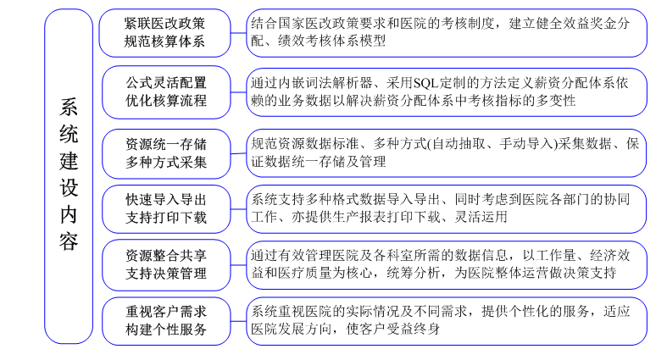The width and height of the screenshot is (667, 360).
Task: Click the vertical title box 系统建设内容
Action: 69,176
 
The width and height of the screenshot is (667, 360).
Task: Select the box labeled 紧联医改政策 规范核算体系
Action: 164,33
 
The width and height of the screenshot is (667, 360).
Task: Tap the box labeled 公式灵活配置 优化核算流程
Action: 166,91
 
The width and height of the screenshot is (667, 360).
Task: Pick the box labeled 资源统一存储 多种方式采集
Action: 166,153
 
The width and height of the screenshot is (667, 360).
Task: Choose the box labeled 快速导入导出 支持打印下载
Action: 166,208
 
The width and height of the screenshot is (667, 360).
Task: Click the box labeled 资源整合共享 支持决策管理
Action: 166,265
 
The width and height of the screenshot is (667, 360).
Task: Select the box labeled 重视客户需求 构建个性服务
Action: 166,321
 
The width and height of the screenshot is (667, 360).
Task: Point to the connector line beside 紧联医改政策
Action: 239,33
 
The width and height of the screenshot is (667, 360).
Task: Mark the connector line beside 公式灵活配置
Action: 239,91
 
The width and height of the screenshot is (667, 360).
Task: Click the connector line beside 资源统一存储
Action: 239,153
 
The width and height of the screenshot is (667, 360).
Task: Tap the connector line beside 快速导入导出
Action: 239,208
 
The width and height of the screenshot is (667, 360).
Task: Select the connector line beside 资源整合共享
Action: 239,265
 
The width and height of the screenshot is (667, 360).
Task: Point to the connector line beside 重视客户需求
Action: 239,321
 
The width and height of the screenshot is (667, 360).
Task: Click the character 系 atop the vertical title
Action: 69,107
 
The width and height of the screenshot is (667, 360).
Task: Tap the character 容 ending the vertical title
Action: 69,242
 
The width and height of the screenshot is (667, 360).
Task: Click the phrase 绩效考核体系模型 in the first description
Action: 331,41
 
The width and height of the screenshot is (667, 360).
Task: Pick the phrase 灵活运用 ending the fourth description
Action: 481,217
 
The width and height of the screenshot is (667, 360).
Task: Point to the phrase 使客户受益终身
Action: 393,329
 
